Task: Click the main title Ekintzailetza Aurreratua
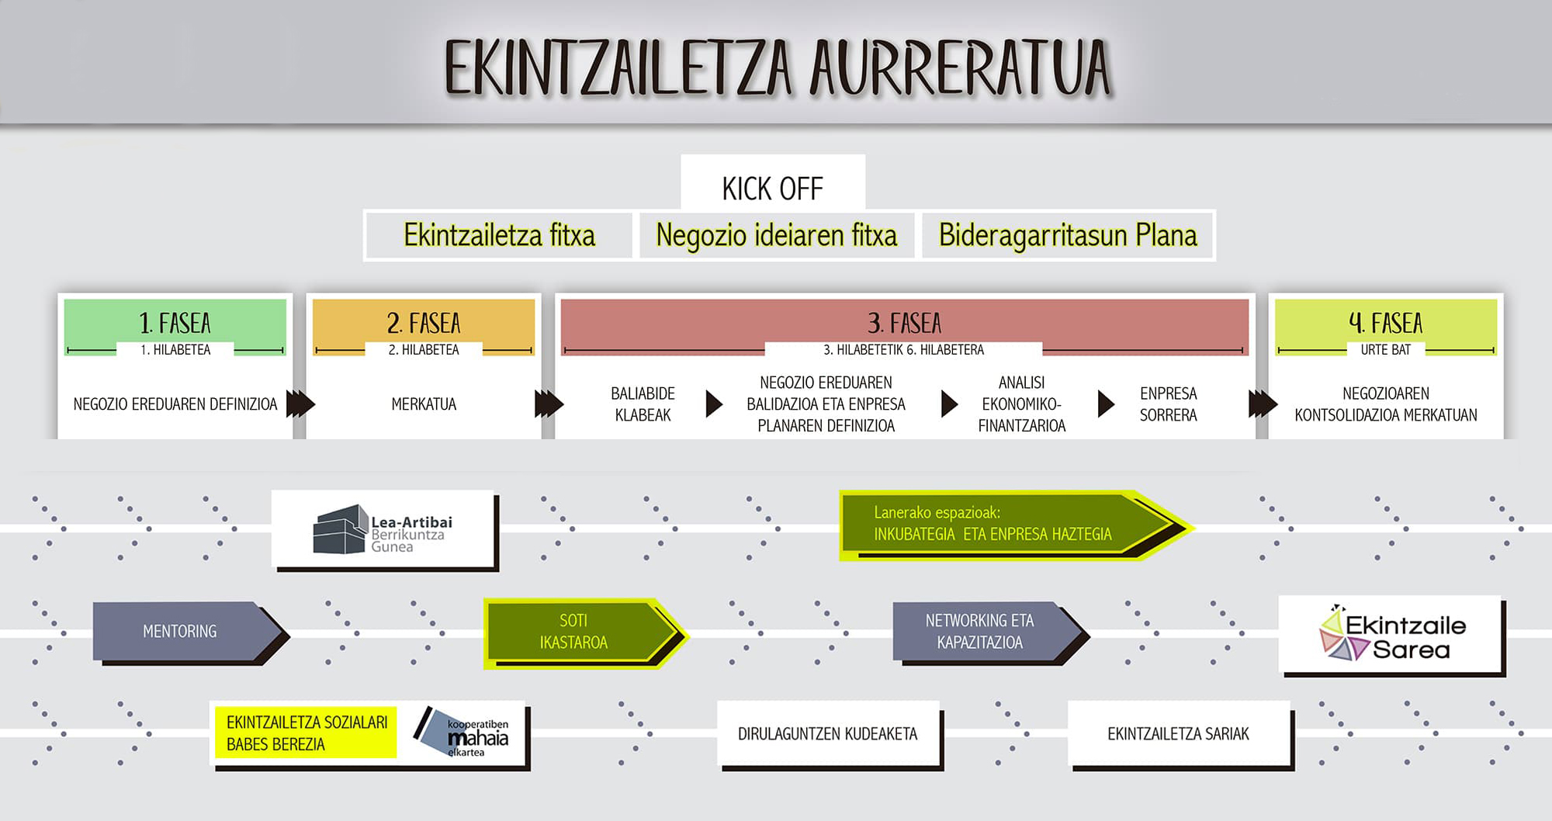click(778, 68)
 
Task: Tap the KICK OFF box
click(773, 183)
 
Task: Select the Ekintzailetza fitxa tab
click(499, 235)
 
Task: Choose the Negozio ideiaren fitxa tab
click(776, 235)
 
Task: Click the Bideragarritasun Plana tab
click(1068, 235)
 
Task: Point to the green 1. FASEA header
click(175, 322)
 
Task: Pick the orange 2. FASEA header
click(424, 322)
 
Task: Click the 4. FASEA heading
click(1386, 322)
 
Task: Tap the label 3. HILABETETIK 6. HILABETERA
click(903, 350)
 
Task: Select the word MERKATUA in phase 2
click(424, 404)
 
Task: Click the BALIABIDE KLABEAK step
click(643, 404)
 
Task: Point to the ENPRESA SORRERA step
click(1168, 404)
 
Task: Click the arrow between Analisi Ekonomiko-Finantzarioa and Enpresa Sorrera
click(1106, 404)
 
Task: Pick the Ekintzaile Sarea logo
click(1392, 633)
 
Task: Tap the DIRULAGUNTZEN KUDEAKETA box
click(828, 734)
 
